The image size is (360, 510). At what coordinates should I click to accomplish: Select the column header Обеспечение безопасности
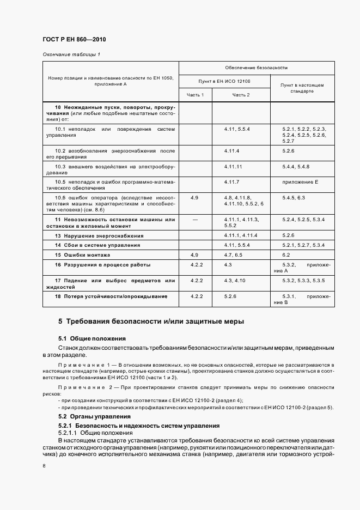[x=256, y=68]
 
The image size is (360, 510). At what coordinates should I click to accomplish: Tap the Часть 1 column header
[x=195, y=95]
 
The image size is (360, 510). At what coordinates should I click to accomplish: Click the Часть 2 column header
[x=241, y=95]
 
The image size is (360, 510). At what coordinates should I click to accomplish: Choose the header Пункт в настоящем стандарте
[x=302, y=88]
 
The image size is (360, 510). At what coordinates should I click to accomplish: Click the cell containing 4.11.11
[x=233, y=166]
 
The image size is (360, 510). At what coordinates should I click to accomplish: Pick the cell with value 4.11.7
[x=231, y=181]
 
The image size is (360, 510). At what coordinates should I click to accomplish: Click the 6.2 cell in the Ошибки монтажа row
[x=286, y=255]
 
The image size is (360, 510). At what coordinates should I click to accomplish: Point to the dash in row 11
[x=194, y=219]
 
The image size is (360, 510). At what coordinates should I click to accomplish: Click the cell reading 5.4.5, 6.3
[x=294, y=197]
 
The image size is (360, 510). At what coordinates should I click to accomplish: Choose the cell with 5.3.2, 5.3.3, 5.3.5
[x=303, y=281]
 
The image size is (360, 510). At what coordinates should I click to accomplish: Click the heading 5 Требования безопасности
[x=151, y=321]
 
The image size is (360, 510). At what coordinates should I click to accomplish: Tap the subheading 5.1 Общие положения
[x=92, y=338]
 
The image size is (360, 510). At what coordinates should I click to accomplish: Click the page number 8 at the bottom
[x=44, y=466]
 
